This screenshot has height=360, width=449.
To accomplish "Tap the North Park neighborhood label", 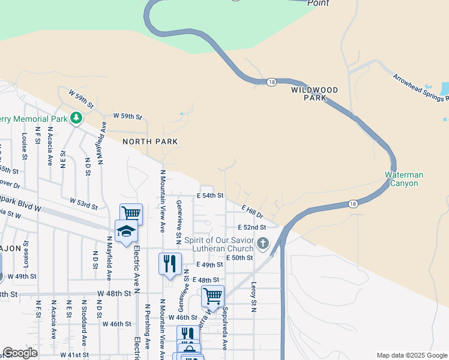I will click(150, 142).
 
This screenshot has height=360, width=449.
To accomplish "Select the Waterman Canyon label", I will click(404, 179).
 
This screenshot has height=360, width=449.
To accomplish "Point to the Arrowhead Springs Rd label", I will click(420, 88).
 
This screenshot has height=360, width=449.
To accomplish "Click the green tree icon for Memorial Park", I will click(76, 117).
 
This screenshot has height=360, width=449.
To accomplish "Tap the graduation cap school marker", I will click(126, 231).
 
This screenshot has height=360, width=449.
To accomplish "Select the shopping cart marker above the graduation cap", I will click(131, 213).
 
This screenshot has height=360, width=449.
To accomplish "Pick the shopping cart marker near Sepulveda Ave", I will click(212, 295).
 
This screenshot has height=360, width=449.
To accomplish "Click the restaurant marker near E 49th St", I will click(170, 263).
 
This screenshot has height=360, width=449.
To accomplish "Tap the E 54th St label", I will click(210, 196).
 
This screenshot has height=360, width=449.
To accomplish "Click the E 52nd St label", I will click(252, 227).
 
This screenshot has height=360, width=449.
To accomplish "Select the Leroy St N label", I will click(254, 297).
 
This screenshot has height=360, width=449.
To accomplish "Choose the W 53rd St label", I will click(83, 203).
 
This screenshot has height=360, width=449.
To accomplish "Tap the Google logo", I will click(20, 353).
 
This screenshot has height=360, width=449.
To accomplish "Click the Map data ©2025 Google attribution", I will click(411, 355).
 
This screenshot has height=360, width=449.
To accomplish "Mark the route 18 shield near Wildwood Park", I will click(272, 82).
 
